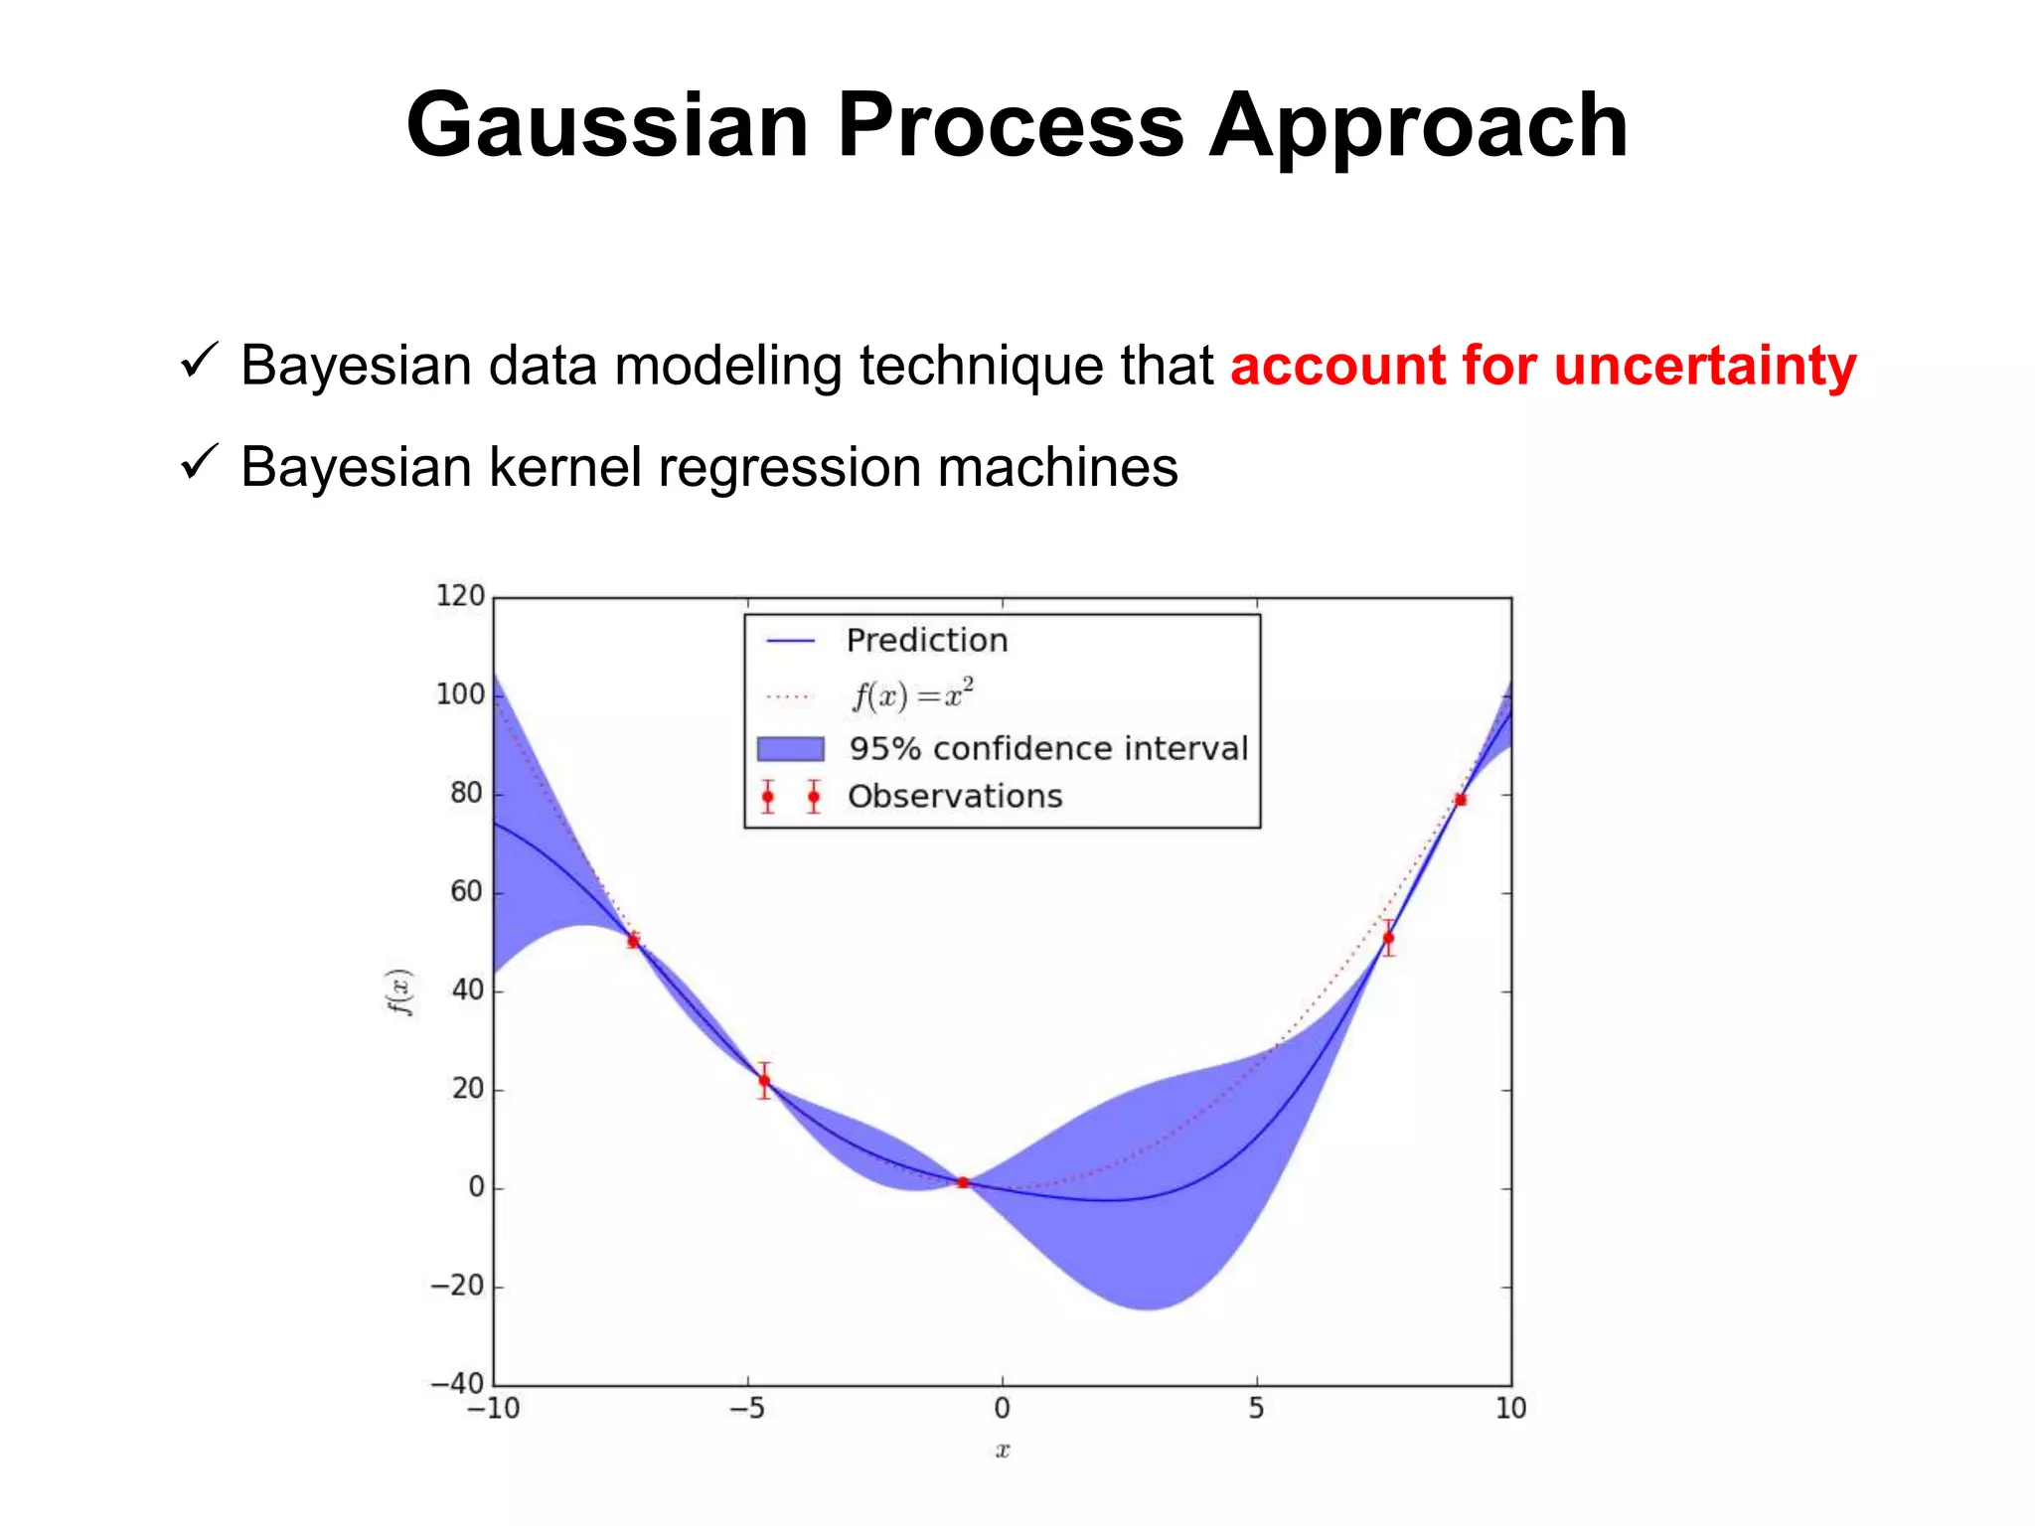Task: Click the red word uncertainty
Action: tap(1704, 365)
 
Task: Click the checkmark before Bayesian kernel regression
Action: tap(199, 462)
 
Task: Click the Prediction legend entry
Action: tap(926, 641)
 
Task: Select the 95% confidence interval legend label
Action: tap(1047, 748)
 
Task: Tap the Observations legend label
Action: tap(954, 796)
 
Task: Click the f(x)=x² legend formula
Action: tap(912, 694)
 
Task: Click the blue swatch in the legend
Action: tap(790, 748)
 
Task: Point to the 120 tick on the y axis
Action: tap(460, 596)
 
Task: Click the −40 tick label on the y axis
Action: tap(456, 1383)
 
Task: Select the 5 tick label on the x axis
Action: tap(1256, 1409)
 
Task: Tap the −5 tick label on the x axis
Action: tap(746, 1409)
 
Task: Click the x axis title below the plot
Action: tap(1002, 1450)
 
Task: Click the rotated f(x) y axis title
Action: tap(399, 992)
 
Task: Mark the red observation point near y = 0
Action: tap(962, 1182)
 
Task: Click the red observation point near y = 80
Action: tap(1460, 800)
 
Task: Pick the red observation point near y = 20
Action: tap(763, 1080)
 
